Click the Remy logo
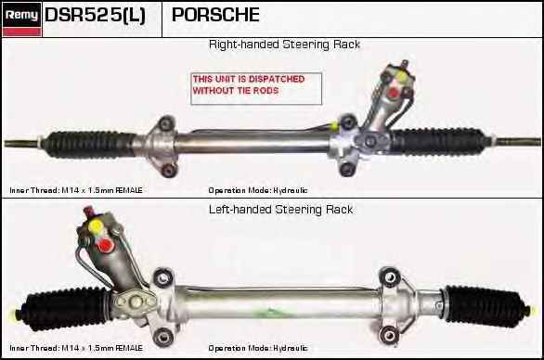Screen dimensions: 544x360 (x=22, y=19)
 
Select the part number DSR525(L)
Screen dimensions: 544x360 (x=95, y=15)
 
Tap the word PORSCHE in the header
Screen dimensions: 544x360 (x=215, y=15)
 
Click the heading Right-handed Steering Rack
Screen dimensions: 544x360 (x=284, y=45)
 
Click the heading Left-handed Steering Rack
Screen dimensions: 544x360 (x=281, y=210)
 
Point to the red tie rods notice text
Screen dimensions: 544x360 (x=249, y=84)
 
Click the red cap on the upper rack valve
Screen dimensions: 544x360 (x=394, y=93)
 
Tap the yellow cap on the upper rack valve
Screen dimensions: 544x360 (x=401, y=77)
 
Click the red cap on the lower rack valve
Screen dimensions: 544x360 (x=105, y=246)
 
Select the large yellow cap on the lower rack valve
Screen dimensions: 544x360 (x=95, y=226)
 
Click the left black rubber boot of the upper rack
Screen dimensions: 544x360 (x=90, y=144)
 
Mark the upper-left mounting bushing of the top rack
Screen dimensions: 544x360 (x=167, y=123)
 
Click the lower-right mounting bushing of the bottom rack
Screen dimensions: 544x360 (x=389, y=335)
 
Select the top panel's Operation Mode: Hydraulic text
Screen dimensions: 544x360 (x=258, y=190)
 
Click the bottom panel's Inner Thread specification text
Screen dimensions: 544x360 (x=76, y=348)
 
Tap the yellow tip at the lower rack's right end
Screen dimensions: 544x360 (x=528, y=310)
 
